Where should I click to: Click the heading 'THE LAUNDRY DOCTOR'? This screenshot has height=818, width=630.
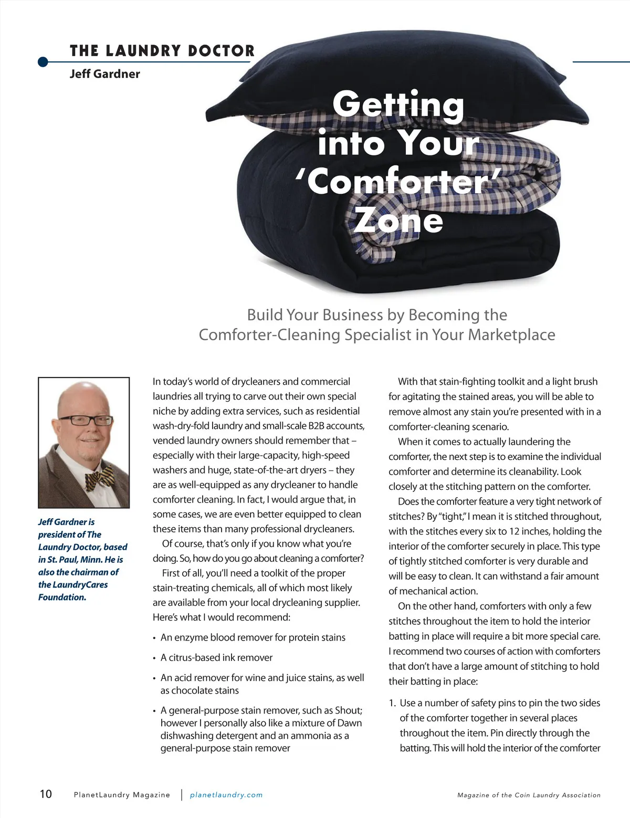coord(162,51)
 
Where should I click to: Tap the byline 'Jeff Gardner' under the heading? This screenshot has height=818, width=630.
coord(104,74)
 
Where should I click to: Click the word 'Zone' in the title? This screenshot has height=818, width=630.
coord(398,220)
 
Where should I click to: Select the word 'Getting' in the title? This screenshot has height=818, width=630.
coord(398,104)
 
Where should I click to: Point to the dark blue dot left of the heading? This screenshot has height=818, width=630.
coord(43,62)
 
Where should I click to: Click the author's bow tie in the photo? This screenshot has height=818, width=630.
coord(99,477)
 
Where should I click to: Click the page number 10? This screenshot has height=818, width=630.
coord(46,794)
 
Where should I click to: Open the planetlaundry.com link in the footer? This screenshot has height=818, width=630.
coord(226,795)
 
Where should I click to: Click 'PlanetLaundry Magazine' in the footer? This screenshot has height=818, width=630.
coord(122,795)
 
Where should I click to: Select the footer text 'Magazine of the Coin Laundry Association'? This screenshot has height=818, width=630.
coord(529,795)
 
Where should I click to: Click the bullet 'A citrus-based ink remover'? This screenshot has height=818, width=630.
coord(216,657)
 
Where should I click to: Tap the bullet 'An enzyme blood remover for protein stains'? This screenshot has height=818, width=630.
coord(253,637)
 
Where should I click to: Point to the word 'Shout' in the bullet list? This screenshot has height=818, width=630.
coord(348,710)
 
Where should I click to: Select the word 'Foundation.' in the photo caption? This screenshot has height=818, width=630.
coord(62,597)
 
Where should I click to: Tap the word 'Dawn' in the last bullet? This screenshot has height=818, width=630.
coord(350,723)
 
